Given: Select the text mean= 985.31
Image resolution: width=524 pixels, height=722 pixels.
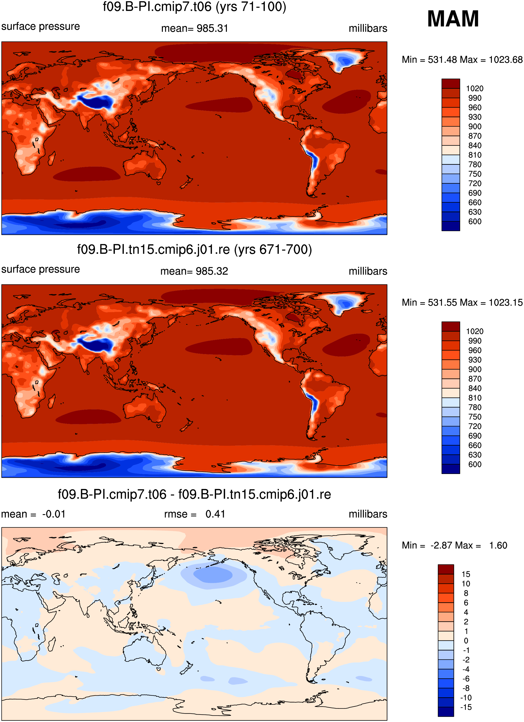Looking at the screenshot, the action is click(194, 28).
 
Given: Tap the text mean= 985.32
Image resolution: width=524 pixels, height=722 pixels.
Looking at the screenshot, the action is click(194, 271).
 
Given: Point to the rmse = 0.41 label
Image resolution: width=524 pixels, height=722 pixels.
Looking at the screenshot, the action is click(194, 514).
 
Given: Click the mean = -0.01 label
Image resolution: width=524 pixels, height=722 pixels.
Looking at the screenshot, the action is click(33, 514).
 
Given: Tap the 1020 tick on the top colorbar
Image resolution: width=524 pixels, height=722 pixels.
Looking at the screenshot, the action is click(475, 89).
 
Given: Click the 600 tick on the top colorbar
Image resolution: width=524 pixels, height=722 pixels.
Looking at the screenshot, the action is click(475, 222).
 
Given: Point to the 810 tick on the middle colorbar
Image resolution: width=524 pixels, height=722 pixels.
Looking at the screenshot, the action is click(475, 398).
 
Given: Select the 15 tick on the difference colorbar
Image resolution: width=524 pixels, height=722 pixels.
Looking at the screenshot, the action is click(466, 574).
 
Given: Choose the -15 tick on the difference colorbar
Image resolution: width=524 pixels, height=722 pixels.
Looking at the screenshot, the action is click(466, 707).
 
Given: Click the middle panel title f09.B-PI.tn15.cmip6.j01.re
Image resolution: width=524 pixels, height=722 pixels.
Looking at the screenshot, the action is click(194, 249).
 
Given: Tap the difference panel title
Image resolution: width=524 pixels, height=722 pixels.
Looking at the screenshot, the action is click(194, 494).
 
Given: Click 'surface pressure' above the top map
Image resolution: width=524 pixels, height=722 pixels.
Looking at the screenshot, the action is click(41, 26).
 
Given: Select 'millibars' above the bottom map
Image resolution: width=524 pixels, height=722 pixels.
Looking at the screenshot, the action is click(368, 514).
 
